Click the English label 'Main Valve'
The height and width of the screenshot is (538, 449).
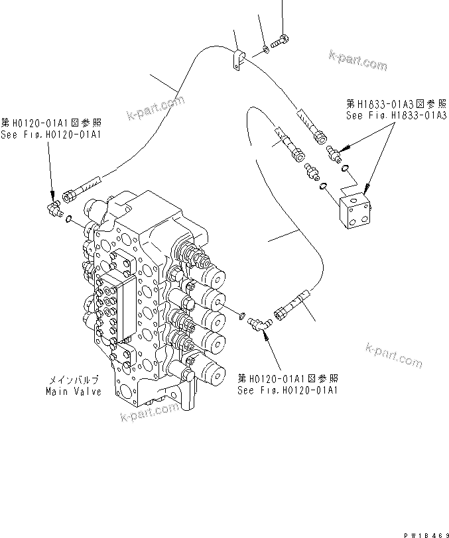[x=74, y=392]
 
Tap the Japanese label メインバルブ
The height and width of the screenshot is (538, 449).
[x=74, y=381]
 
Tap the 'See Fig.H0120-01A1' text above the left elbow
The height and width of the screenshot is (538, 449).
[x=51, y=134]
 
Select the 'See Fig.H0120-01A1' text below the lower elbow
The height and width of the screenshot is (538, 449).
[x=288, y=390]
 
